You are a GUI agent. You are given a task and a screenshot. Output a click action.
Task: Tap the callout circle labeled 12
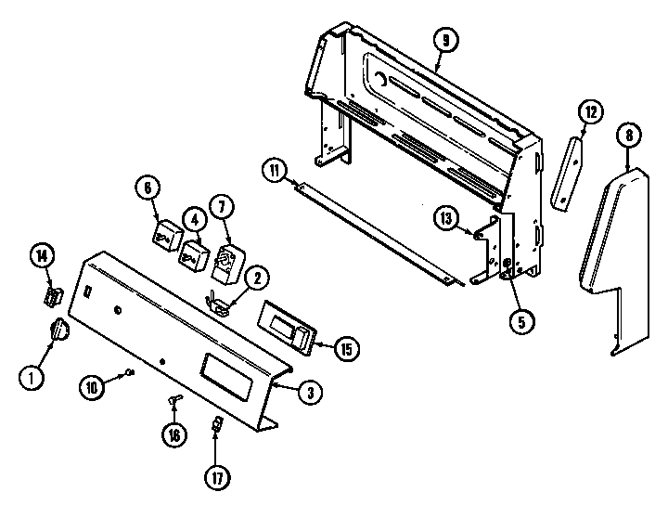[x=590, y=113]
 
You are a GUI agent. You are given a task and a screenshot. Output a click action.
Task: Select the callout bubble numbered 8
[x=629, y=136]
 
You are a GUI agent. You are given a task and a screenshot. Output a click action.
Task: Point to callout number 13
[x=446, y=218]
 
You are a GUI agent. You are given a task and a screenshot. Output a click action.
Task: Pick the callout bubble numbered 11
[x=274, y=170]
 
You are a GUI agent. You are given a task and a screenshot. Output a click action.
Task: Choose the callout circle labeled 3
[x=310, y=392]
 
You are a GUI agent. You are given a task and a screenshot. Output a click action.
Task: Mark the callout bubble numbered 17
[x=216, y=477]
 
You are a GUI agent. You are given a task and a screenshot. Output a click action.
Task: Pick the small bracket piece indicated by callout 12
[x=567, y=172]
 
